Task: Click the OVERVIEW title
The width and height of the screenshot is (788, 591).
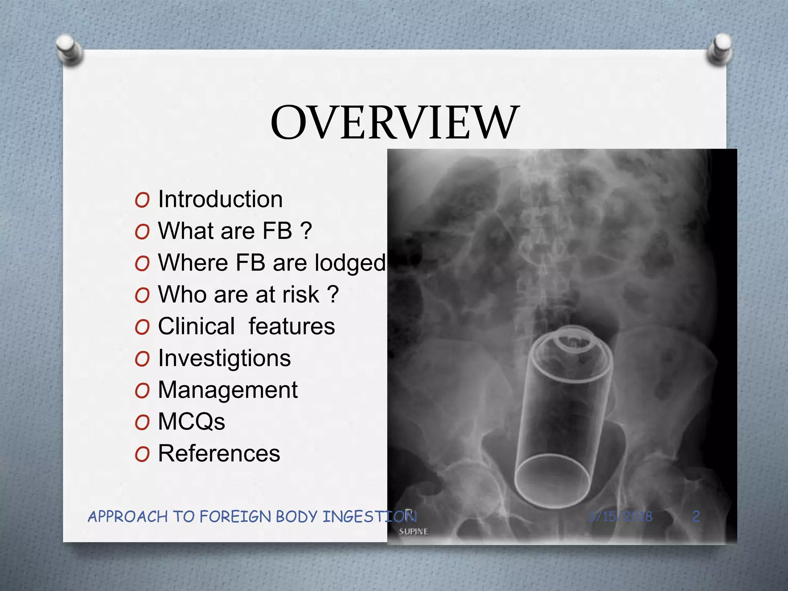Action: pos(395,122)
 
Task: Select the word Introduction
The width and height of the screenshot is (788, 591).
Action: pos(220,199)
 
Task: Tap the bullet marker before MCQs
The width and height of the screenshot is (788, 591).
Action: pos(142,422)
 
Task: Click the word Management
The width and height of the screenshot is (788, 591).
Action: pos(227,390)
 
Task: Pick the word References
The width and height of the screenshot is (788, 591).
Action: pos(219,453)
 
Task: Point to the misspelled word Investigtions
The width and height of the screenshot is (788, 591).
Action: pos(224,358)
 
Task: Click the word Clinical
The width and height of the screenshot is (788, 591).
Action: pos(196,326)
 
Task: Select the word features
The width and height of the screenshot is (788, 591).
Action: pos(292,326)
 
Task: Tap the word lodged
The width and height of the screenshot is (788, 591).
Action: pos(349,263)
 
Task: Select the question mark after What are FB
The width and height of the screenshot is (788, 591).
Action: pos(306,231)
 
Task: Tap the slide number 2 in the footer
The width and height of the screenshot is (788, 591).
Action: pos(696,516)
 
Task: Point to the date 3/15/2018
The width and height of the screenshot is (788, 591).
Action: pos(620,516)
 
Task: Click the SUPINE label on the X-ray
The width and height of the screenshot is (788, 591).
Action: pos(413,532)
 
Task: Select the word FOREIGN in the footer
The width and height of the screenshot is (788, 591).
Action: pos(235,516)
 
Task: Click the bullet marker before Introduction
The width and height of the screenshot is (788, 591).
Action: pos(142,200)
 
